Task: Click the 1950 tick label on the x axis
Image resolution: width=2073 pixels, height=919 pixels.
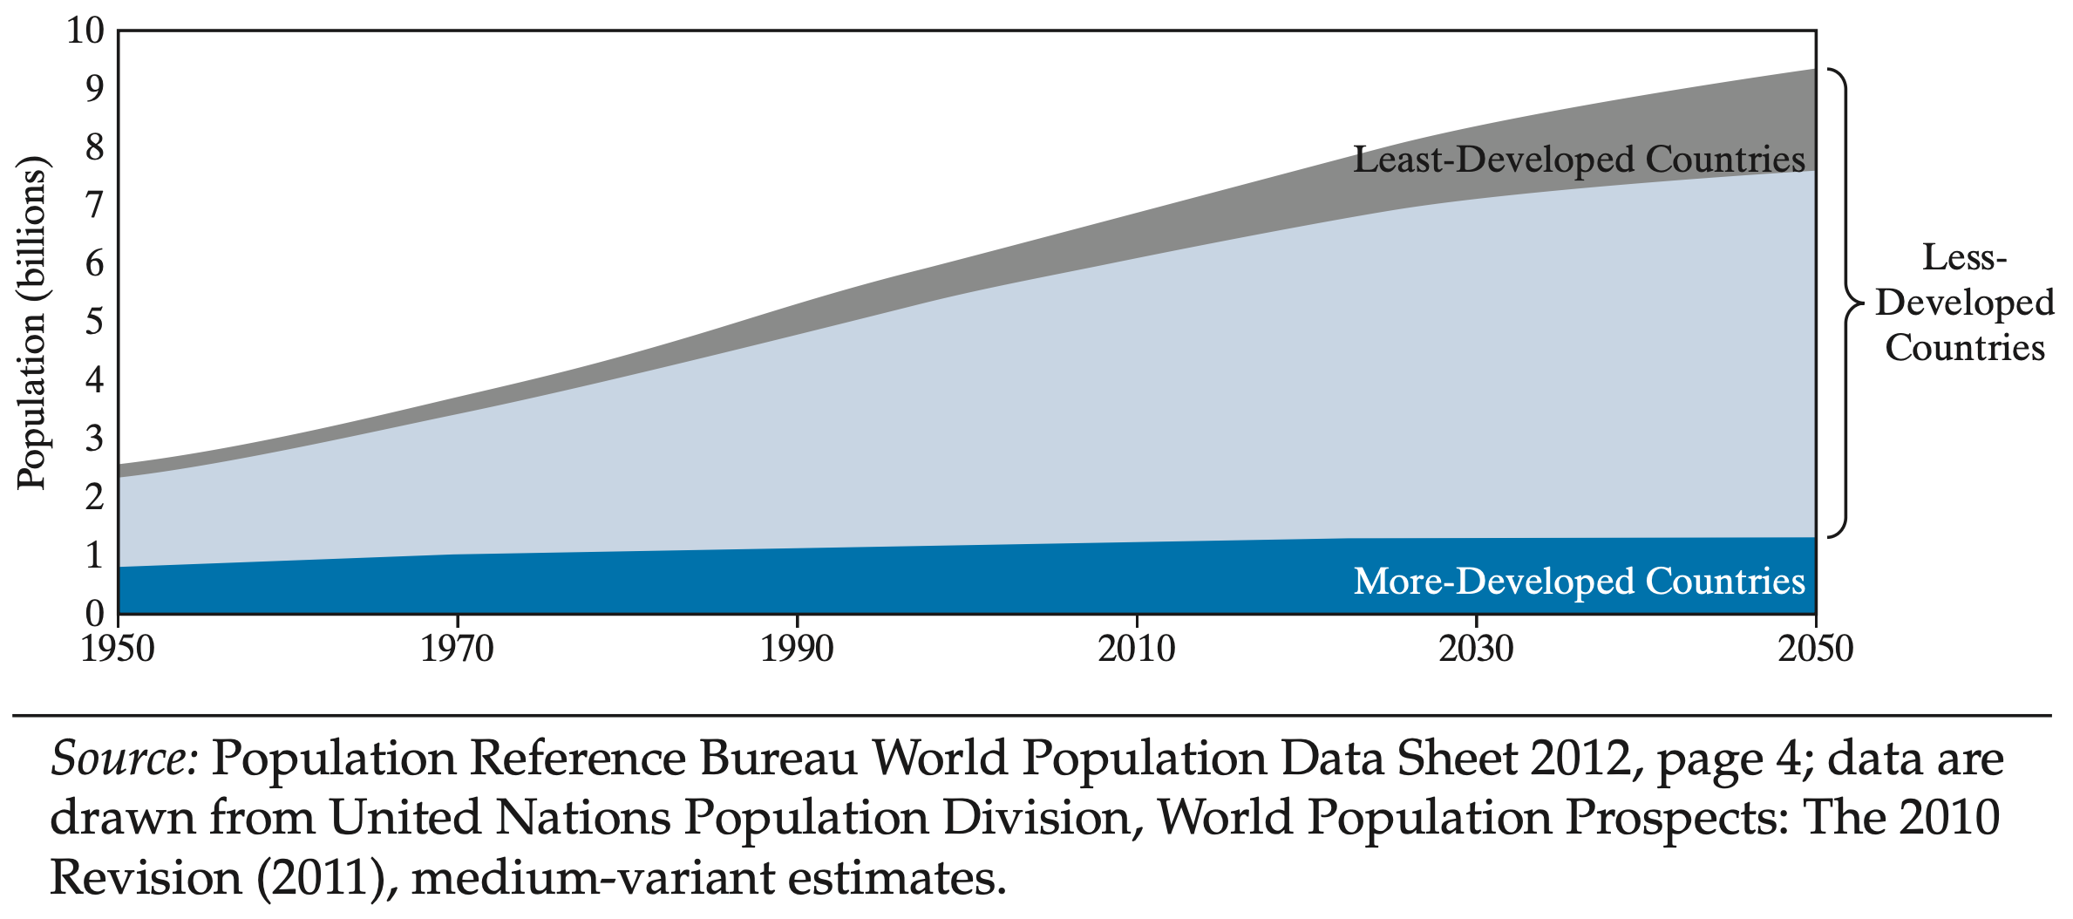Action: [118, 650]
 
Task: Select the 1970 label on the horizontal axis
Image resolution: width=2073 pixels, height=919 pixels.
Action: [457, 650]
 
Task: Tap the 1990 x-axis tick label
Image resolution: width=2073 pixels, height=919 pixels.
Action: [797, 650]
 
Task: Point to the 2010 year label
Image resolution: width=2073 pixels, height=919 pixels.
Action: [1136, 650]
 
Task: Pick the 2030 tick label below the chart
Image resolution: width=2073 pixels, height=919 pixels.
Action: [1476, 650]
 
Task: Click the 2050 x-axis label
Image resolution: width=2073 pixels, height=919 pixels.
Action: [1815, 650]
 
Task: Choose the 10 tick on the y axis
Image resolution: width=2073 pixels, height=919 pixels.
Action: [85, 31]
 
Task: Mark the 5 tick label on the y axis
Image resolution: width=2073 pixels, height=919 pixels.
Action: [94, 322]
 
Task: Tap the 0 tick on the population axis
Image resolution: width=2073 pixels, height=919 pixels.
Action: [94, 614]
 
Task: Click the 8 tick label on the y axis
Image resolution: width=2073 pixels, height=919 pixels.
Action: [94, 146]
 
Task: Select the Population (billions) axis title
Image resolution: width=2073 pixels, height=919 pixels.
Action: [31, 323]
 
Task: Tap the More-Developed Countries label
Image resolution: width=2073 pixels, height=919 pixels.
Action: [1579, 582]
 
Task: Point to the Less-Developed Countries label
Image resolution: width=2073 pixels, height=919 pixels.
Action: [1965, 303]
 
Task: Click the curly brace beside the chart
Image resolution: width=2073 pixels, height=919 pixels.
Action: [1845, 303]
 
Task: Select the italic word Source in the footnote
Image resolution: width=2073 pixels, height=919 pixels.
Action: [125, 759]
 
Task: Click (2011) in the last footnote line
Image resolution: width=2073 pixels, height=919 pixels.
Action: [321, 877]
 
